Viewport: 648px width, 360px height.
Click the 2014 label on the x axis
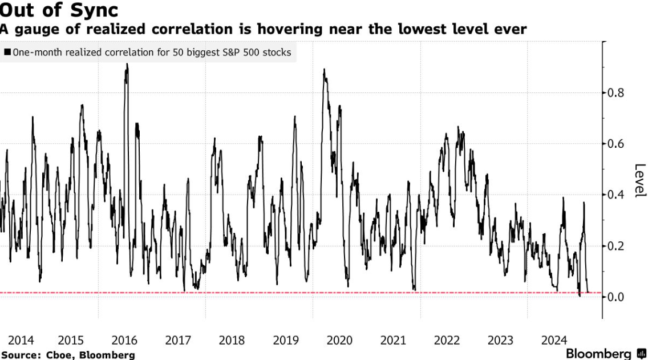[21, 341]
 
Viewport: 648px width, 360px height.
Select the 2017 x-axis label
[178, 341]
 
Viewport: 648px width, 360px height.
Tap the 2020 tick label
[339, 341]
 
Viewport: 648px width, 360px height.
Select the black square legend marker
[7, 52]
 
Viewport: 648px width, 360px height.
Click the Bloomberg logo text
[599, 354]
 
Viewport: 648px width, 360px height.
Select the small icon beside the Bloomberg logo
[640, 354]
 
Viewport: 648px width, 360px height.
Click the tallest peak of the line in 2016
[127, 64]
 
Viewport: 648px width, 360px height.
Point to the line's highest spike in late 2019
[324, 70]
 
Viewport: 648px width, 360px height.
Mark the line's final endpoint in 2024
[588, 292]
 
